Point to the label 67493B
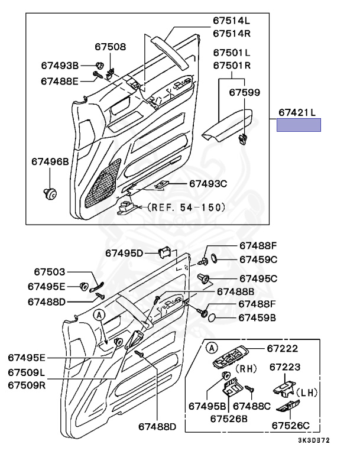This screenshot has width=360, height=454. point(60,65)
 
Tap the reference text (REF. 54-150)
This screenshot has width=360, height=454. point(186,207)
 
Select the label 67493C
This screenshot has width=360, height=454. point(208,184)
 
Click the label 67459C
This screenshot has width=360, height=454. point(258,259)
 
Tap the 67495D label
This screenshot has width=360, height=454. point(124,253)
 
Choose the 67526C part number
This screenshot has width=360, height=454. point(290,424)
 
